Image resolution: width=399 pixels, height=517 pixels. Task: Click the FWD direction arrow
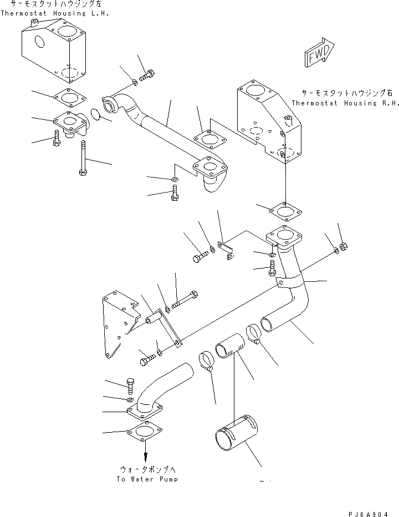(x=318, y=54)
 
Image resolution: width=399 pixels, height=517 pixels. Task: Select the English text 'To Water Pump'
(x=147, y=479)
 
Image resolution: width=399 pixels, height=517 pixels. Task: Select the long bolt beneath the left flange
(x=82, y=158)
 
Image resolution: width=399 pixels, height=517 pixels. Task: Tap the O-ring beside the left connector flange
(x=95, y=115)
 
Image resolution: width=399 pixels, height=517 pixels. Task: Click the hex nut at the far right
(x=343, y=246)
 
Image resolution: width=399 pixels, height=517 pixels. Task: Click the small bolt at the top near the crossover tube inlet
(x=147, y=75)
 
